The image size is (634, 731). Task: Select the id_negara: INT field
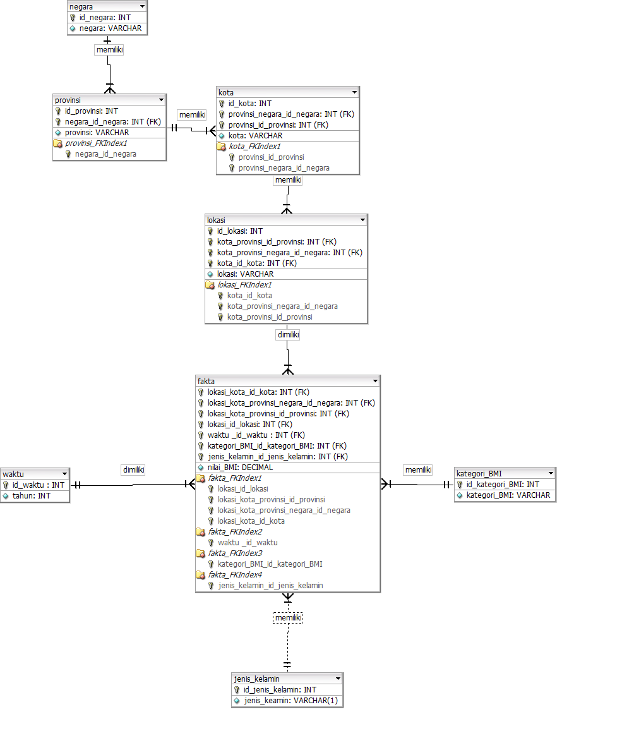pyautogui.click(x=105, y=18)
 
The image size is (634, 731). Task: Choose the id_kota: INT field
pyautogui.click(x=249, y=104)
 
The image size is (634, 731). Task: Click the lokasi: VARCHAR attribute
pyautogui.click(x=245, y=274)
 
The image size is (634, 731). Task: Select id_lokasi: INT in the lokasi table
pyautogui.click(x=239, y=231)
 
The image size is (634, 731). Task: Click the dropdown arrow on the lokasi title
pyautogui.click(x=362, y=220)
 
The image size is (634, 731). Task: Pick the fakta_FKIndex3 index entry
pyautogui.click(x=235, y=553)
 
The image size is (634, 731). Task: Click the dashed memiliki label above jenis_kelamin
pyautogui.click(x=288, y=617)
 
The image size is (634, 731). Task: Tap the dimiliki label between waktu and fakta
pyautogui.click(x=133, y=470)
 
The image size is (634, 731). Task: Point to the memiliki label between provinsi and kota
pyautogui.click(x=192, y=115)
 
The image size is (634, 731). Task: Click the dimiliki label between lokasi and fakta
pyautogui.click(x=288, y=335)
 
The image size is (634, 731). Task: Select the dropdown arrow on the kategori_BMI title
pyautogui.click(x=551, y=473)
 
